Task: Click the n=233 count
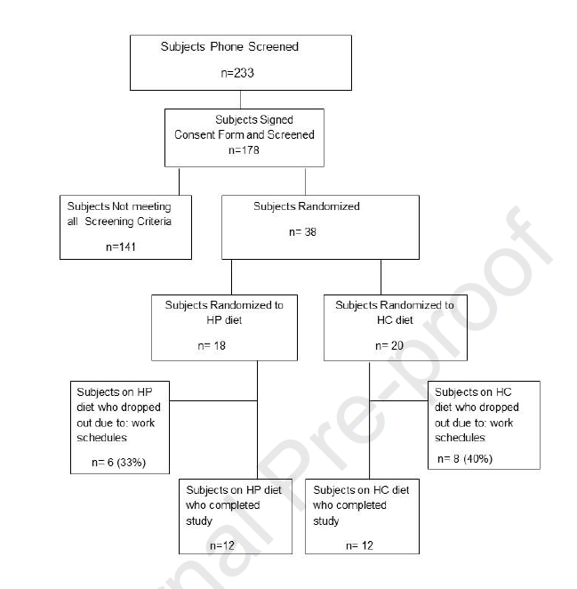click(x=238, y=73)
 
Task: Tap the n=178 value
click(x=250, y=151)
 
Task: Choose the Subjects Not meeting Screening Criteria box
click(x=126, y=226)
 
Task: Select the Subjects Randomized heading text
click(x=307, y=206)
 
